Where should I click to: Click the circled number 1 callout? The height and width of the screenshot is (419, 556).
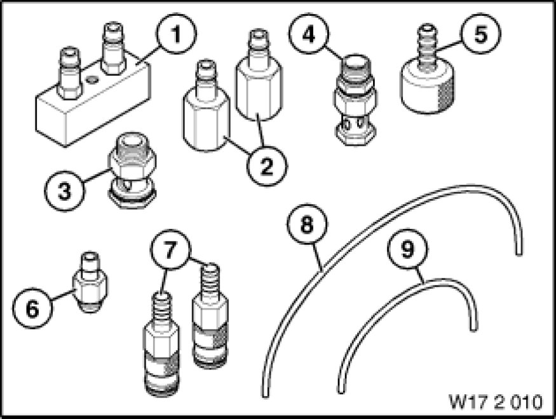(x=176, y=35)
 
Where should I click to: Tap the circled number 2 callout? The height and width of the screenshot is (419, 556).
(x=267, y=166)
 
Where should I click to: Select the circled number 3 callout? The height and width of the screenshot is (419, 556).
(x=65, y=191)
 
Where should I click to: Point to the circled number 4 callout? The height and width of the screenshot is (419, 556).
(x=309, y=35)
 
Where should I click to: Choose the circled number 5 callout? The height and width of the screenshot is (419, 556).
(x=481, y=34)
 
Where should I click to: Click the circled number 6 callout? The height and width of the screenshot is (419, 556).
(x=32, y=308)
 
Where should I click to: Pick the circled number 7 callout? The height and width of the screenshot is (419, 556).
(x=170, y=249)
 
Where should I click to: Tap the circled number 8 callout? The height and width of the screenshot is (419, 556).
(x=307, y=224)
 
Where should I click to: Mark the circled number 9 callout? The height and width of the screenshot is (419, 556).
(x=408, y=249)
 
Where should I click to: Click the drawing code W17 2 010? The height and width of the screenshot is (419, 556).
(x=496, y=402)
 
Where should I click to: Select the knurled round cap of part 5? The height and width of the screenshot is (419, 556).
(x=427, y=88)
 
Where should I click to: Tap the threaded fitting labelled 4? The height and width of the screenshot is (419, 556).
(x=353, y=100)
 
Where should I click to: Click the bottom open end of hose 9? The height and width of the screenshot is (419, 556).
(x=341, y=390)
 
